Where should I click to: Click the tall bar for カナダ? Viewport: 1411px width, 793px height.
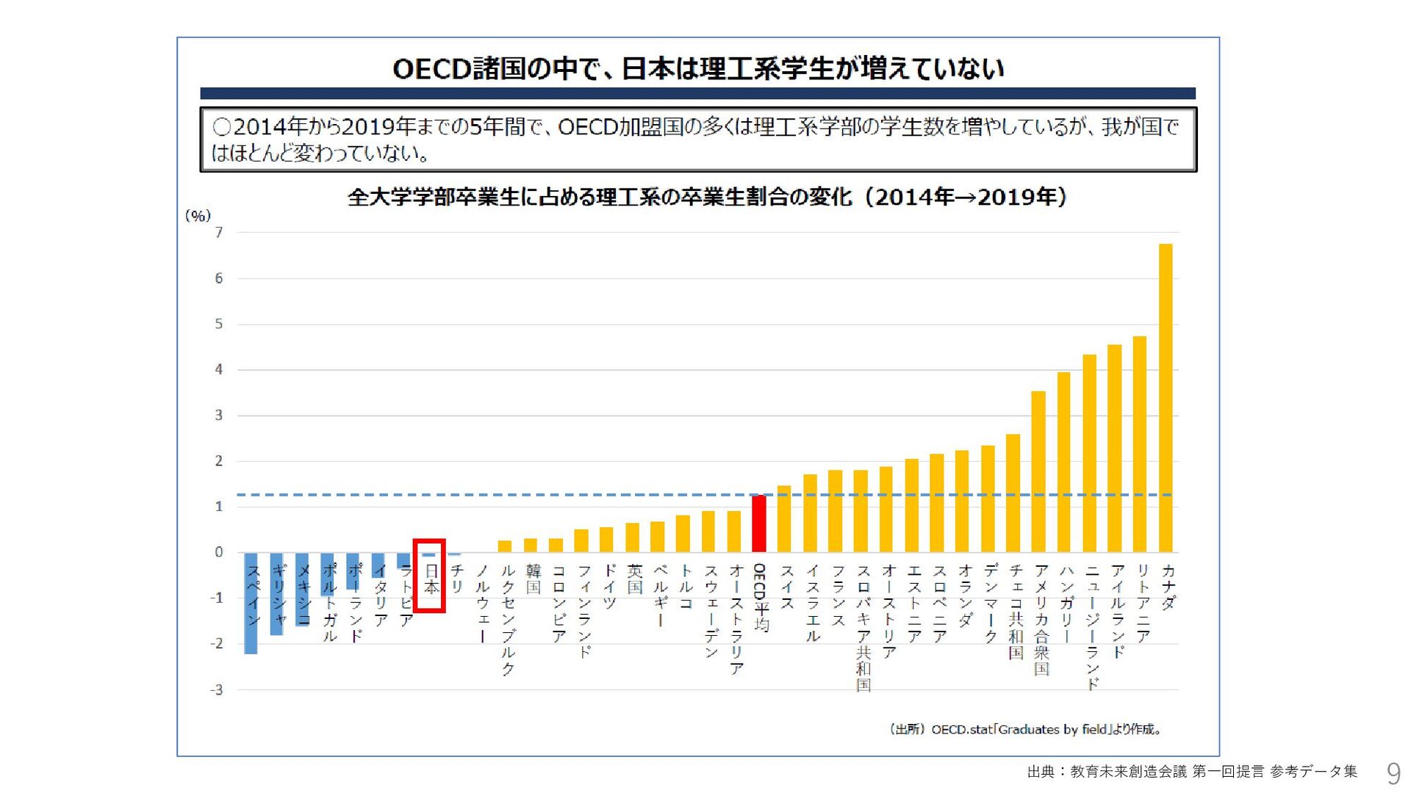pyautogui.click(x=1166, y=397)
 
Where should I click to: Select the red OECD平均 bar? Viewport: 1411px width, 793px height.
pyautogui.click(x=759, y=524)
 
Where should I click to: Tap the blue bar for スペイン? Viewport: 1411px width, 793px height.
pyautogui.click(x=251, y=603)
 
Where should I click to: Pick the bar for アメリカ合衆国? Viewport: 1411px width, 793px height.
pyautogui.click(x=1038, y=471)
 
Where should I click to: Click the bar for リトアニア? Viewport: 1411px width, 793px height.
pyautogui.click(x=1140, y=444)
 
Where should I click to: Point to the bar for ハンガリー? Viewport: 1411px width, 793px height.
pyautogui.click(x=1063, y=462)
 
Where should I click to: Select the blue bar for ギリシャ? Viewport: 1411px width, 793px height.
pyautogui.click(x=277, y=593)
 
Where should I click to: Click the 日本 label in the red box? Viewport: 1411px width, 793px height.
pyautogui.click(x=431, y=579)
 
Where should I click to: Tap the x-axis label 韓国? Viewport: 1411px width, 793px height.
pyautogui.click(x=533, y=579)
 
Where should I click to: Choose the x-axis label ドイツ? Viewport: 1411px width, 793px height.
pyautogui.click(x=609, y=587)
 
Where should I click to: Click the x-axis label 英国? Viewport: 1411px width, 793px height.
pyautogui.click(x=634, y=579)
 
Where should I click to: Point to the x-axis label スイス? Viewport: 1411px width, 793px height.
pyautogui.click(x=786, y=587)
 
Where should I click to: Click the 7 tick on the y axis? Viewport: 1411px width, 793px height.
pyautogui.click(x=218, y=233)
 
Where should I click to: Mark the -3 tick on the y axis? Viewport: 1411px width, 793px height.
pyautogui.click(x=217, y=690)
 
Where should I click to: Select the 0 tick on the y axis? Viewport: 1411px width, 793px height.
pyautogui.click(x=218, y=552)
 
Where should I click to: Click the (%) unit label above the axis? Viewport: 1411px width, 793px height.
pyautogui.click(x=198, y=216)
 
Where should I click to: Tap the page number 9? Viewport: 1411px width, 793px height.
pyautogui.click(x=1393, y=773)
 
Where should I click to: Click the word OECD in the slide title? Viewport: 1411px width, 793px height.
pyautogui.click(x=431, y=69)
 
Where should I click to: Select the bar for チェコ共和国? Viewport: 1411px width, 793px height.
pyautogui.click(x=1013, y=493)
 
